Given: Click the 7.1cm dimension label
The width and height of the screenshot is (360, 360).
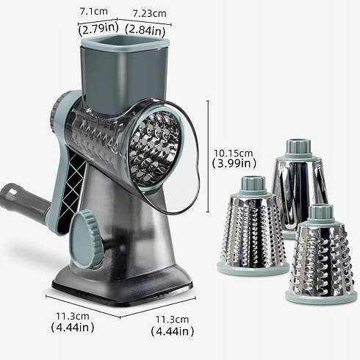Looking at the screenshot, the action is coord(93,12).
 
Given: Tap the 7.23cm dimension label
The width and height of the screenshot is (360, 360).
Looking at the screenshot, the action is coord(149,13).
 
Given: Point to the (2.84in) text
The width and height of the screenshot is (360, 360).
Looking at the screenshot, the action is coord(145,31).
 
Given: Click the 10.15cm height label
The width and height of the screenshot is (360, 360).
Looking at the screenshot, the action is coord(233,154).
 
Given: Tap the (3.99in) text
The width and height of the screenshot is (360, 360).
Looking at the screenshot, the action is coord(234,164).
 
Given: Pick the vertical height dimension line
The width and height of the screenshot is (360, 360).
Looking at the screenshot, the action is coord(209,156).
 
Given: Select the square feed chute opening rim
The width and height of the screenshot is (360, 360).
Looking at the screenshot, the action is coord(125,43).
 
